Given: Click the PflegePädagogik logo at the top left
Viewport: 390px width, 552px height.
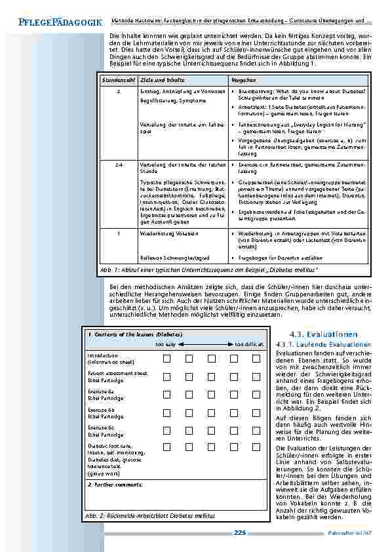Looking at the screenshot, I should (x=52, y=22).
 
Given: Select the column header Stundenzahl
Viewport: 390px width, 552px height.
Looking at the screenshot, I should (x=116, y=79).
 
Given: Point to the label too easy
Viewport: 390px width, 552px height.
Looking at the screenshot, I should (x=165, y=344).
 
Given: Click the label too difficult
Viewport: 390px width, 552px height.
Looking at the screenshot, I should (x=249, y=344).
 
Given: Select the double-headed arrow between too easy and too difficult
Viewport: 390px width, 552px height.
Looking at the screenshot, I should (x=203, y=344).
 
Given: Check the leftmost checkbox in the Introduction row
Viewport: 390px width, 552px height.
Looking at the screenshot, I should (x=167, y=358).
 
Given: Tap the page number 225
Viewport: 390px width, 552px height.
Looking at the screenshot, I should (x=240, y=533).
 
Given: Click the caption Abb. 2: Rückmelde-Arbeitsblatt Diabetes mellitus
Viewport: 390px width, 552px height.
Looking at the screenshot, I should (x=150, y=517).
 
